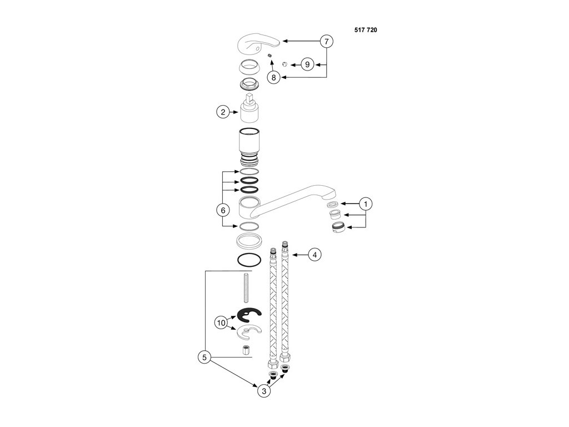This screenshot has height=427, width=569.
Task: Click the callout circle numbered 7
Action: click(x=327, y=41)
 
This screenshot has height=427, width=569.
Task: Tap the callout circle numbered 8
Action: click(x=273, y=78)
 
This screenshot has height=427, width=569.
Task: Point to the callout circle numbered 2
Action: click(x=222, y=112)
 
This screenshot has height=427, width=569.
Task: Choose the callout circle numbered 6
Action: click(x=222, y=210)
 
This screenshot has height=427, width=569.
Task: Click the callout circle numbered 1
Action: click(x=366, y=204)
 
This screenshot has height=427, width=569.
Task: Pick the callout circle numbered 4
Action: click(x=314, y=255)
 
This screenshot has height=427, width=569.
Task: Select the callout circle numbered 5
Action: click(x=204, y=358)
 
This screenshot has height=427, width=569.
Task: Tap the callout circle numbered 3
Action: click(x=264, y=391)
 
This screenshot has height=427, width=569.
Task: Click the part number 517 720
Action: click(x=366, y=30)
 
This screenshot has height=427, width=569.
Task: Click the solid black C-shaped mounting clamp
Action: click(x=248, y=316)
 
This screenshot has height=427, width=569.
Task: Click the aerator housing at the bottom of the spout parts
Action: click(x=338, y=228)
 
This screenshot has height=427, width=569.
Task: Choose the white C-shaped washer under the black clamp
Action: click(x=248, y=334)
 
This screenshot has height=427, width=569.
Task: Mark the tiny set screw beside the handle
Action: click(x=268, y=56)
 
